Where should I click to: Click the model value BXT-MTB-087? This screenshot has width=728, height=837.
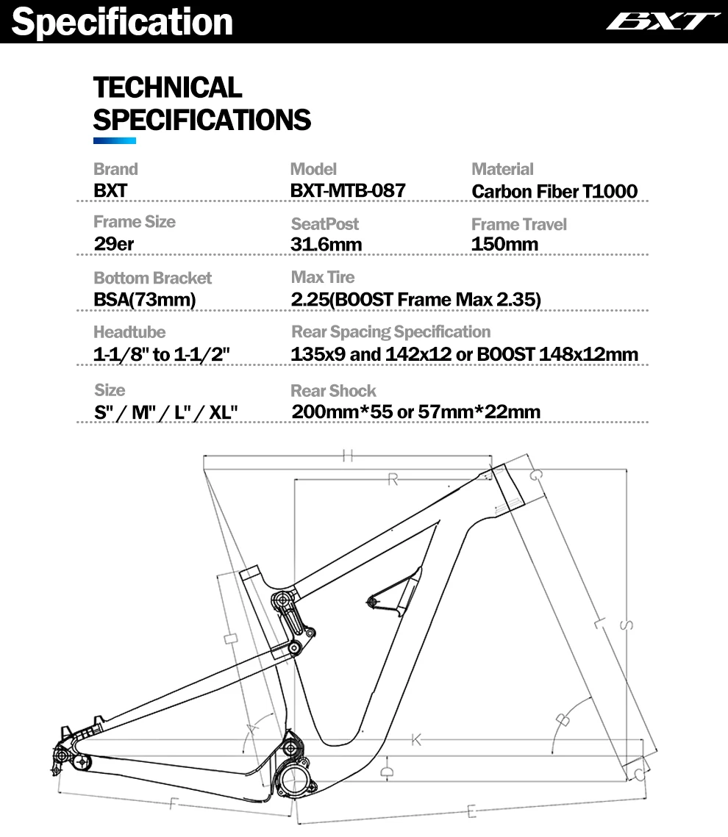pyautogui.click(x=348, y=190)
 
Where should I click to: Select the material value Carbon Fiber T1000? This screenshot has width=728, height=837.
pyautogui.click(x=554, y=192)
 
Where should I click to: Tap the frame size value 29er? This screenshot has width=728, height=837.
pyautogui.click(x=114, y=243)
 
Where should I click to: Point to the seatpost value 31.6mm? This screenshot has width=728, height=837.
pyautogui.click(x=326, y=244)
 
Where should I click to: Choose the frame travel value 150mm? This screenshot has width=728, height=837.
pyautogui.click(x=504, y=244)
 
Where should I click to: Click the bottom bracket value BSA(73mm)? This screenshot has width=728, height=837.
pyautogui.click(x=145, y=299)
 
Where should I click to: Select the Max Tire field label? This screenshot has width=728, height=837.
pyautogui.click(x=323, y=277)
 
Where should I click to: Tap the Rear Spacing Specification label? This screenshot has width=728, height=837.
pyautogui.click(x=390, y=331)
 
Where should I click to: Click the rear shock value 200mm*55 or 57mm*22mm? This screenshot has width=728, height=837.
pyautogui.click(x=415, y=412)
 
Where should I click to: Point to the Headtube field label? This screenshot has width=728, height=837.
pyautogui.click(x=129, y=332)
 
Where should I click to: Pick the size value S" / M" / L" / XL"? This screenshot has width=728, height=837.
pyautogui.click(x=165, y=412)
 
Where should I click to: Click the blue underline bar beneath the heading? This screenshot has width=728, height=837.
pyautogui.click(x=115, y=140)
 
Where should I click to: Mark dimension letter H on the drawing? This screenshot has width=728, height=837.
pyautogui.click(x=347, y=456)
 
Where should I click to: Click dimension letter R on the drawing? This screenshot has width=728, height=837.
pyautogui.click(x=393, y=480)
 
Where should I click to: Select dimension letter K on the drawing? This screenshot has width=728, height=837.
pyautogui.click(x=416, y=739)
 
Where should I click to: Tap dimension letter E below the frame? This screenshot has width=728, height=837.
pyautogui.click(x=471, y=812)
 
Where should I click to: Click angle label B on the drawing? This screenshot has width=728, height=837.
pyautogui.click(x=563, y=719)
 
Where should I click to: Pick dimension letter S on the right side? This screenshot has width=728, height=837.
pyautogui.click(x=627, y=625)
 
